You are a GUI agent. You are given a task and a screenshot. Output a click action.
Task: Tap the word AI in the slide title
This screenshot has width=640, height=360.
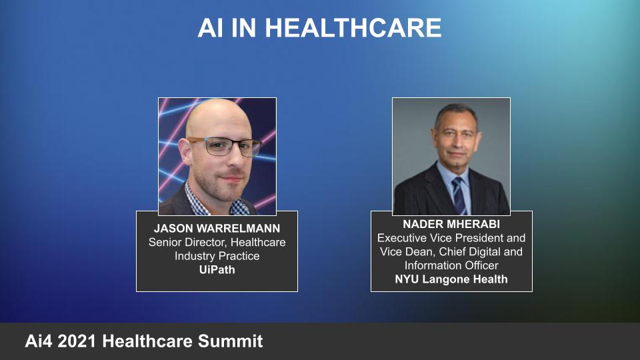(x=211, y=28)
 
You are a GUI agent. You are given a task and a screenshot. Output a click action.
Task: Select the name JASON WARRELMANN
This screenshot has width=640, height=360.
(x=217, y=229)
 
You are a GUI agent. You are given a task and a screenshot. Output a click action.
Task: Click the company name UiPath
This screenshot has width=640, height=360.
(x=217, y=270)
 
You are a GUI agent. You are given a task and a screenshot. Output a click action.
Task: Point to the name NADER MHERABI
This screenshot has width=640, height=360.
(x=451, y=224)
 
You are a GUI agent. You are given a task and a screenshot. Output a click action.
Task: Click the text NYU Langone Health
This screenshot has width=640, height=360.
(x=451, y=279)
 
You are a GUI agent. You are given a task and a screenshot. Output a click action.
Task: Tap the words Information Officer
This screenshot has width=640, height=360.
(x=451, y=265)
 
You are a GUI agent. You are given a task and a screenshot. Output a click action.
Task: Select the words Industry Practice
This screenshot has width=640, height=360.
(x=217, y=256)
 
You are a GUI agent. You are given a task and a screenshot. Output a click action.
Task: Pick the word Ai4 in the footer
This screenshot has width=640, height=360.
(x=39, y=342)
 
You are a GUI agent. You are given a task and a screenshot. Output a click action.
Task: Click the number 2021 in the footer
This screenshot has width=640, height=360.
(x=78, y=342)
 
